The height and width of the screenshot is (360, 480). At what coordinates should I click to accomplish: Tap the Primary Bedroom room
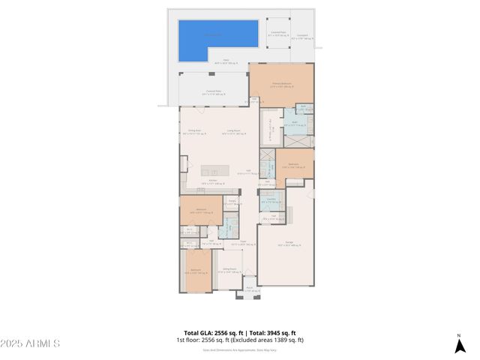point(281,83)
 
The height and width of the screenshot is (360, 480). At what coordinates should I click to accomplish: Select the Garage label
point(285,241)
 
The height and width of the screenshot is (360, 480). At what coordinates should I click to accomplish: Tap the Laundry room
point(271,199)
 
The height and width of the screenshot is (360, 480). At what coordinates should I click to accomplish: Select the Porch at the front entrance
point(249,289)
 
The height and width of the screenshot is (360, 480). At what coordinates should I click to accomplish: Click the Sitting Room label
point(229,270)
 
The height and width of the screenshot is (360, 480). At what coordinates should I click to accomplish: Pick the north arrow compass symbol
point(459,345)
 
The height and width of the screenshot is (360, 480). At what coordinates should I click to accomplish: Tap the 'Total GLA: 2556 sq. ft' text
point(213,333)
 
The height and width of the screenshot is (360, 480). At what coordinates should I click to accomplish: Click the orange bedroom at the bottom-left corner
point(196,271)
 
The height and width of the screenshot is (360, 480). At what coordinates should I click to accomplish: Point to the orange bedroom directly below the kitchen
point(201,211)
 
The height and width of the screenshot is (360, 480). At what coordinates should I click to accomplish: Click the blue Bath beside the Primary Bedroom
point(295,122)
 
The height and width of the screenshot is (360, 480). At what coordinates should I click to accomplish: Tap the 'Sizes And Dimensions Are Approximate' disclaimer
point(240,349)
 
